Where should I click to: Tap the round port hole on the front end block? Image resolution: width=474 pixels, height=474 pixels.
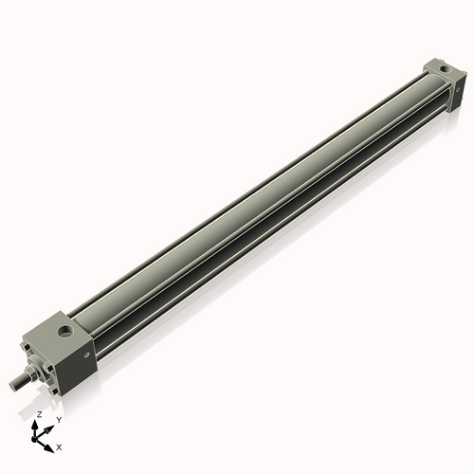coord(64,332)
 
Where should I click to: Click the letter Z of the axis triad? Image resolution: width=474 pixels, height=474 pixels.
coord(38,415)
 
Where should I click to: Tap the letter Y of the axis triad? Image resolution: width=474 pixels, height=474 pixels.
coord(58,419)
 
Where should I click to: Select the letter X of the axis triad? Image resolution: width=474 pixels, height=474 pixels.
coord(60,446)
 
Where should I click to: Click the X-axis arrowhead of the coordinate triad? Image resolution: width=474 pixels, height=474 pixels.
coord(50,443)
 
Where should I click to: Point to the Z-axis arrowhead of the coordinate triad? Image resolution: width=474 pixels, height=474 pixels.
coord(37,425)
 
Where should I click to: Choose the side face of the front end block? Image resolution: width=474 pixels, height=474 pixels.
coord(82,355)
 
